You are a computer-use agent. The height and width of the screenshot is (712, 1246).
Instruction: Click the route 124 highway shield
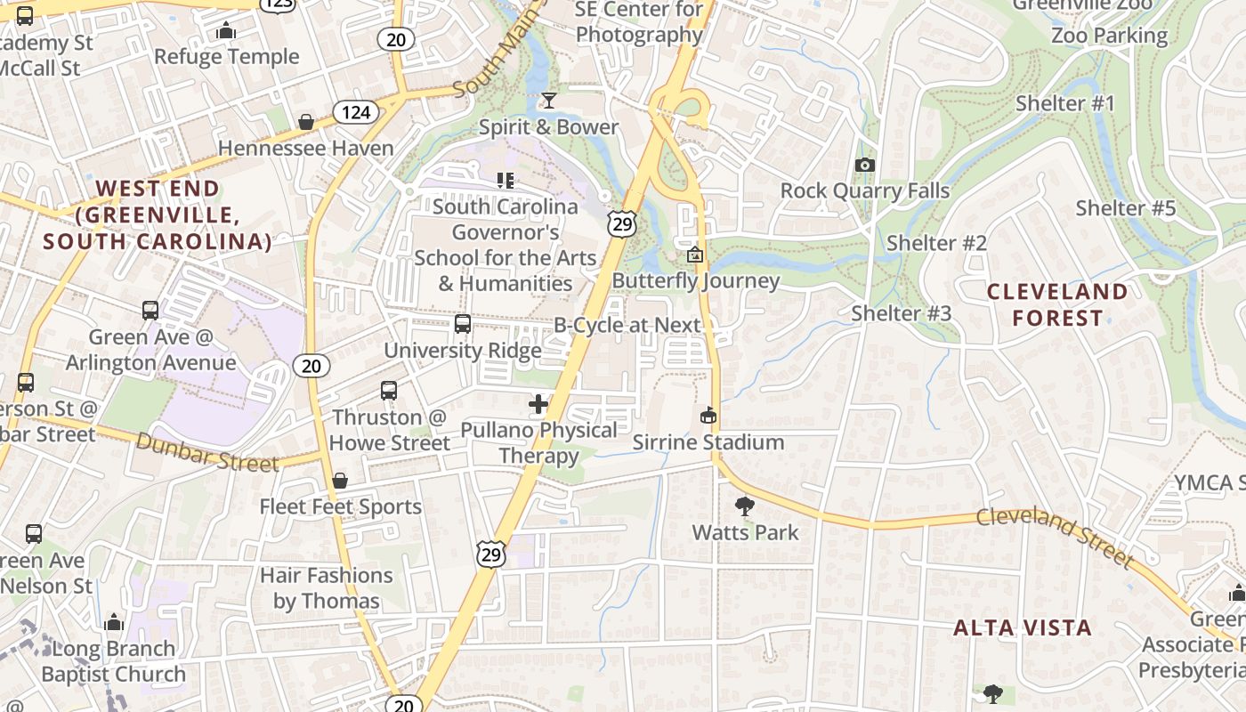point(356,112)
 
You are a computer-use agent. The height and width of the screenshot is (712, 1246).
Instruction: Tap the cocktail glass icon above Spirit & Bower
point(549,100)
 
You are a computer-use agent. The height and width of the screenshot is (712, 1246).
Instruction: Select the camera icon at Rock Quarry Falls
point(864,165)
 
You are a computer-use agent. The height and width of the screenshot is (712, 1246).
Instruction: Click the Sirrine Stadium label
point(708,442)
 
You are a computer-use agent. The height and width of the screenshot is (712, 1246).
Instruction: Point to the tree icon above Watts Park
point(745,506)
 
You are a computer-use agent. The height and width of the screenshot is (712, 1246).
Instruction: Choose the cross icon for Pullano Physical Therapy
point(538,404)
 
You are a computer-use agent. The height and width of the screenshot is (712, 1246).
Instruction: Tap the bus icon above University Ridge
point(463,324)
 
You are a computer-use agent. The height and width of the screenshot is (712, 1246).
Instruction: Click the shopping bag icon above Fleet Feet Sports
point(340,481)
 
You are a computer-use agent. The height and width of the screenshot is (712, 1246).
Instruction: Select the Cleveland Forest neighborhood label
point(1056,304)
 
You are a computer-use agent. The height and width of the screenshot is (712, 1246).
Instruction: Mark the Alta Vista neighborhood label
point(1023,627)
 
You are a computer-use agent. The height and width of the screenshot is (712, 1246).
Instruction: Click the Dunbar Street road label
point(207,451)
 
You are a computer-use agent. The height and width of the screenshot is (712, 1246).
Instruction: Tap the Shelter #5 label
point(1125,208)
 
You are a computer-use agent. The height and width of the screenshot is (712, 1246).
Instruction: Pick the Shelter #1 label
point(1065,103)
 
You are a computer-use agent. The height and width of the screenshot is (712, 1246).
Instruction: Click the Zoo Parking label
point(1109,36)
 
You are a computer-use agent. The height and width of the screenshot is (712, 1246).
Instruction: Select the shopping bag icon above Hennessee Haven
point(306,122)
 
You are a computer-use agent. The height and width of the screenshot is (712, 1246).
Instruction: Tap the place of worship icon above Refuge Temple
point(226,31)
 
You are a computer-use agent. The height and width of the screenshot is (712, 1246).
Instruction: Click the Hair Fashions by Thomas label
point(326,588)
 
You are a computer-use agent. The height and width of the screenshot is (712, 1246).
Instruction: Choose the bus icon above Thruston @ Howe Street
point(389,391)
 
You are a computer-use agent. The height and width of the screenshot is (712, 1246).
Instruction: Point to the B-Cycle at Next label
point(627,325)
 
